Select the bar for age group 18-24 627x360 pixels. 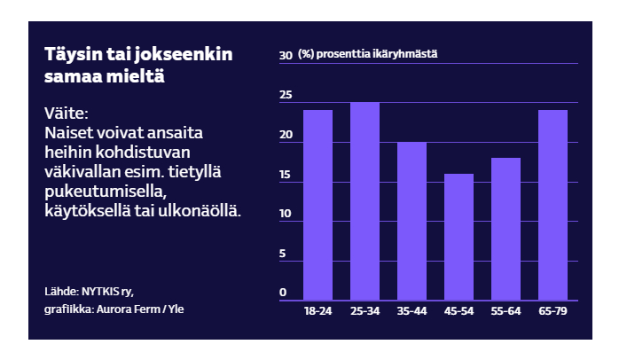pyautogui.click(x=317, y=205)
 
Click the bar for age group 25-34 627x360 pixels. pyautogui.click(x=364, y=201)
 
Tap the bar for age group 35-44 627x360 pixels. pyautogui.click(x=411, y=221)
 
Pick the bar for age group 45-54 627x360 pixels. pyautogui.click(x=458, y=237)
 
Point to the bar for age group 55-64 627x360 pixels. pyautogui.click(x=506, y=229)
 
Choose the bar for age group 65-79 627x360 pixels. pyautogui.click(x=553, y=205)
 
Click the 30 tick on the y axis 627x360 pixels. pyautogui.click(x=286, y=55)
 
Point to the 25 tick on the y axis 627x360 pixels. pyautogui.click(x=286, y=95)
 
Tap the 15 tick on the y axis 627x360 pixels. pyautogui.click(x=286, y=175)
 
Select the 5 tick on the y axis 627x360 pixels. pyautogui.click(x=284, y=254)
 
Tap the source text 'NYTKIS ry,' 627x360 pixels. pyautogui.click(x=108, y=290)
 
